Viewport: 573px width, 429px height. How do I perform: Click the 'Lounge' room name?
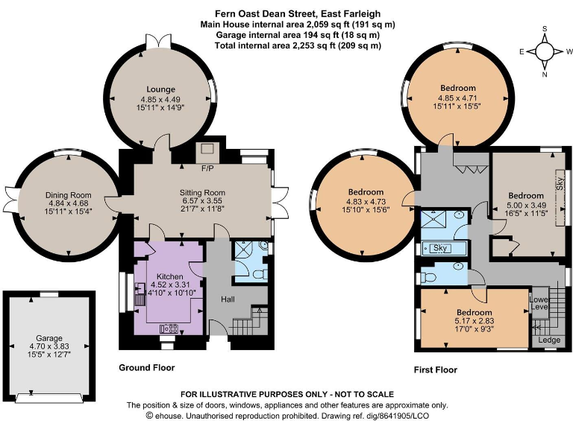(160, 89)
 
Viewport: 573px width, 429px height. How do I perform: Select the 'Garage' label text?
(50, 338)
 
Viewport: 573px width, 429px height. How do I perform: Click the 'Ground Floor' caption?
(147, 368)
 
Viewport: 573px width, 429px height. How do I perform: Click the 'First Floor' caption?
(436, 369)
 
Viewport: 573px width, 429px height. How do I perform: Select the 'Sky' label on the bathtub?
(439, 248)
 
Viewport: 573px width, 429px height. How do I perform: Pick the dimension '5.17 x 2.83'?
(475, 322)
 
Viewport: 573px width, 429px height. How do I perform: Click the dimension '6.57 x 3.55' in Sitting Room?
(204, 202)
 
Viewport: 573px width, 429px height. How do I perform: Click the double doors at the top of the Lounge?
(162, 44)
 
